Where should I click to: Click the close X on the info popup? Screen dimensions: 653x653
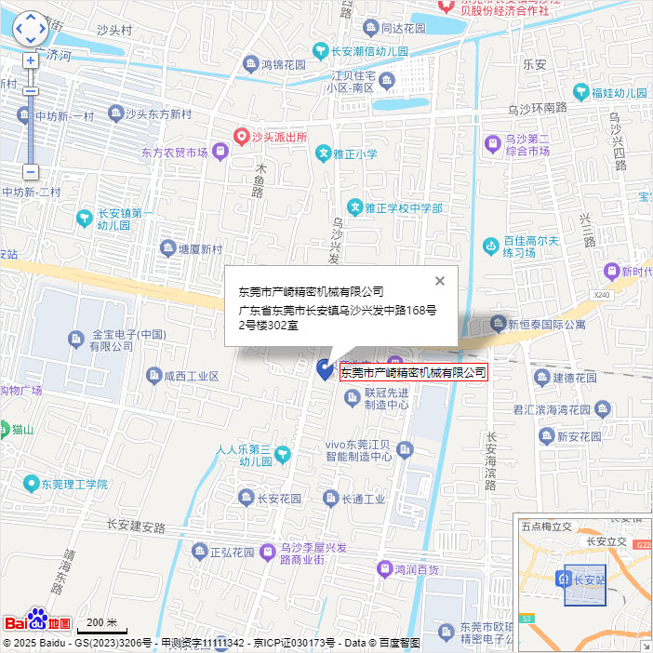[440, 281]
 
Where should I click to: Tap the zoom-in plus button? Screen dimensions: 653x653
[31, 60]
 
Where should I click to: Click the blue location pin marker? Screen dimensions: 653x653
[325, 369]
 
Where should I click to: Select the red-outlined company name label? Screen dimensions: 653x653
[413, 372]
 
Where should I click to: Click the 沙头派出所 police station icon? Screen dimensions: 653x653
[241, 137]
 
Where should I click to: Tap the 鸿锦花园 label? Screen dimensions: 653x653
[284, 65]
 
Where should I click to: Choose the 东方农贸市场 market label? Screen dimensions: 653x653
[174, 153]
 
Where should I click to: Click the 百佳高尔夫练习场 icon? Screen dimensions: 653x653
[490, 247]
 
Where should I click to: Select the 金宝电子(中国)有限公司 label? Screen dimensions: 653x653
[127, 340]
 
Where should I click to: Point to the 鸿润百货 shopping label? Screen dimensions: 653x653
[416, 568]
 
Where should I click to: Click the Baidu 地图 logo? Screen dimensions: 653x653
[37, 621]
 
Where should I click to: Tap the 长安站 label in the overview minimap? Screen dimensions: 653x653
[589, 580]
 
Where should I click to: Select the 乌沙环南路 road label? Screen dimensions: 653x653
[537, 108]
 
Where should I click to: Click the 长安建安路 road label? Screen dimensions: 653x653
[135, 525]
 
